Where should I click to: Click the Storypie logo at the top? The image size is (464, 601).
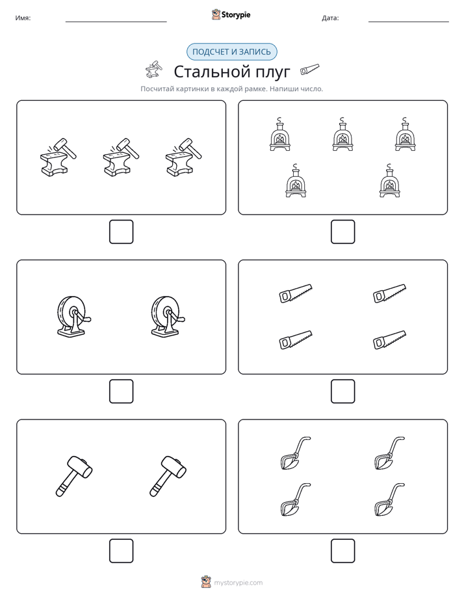pos(231,14)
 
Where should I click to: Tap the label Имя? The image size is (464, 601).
pos(23,18)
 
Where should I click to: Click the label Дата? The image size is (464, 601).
pos(330,18)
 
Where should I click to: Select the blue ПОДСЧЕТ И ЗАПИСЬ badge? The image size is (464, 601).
pos(231,52)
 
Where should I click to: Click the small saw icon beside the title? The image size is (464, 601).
pos(310,70)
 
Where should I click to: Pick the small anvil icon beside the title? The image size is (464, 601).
pos(154,69)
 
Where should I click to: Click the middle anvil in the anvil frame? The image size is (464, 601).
pos(121,157)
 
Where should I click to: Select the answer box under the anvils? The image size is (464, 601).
pos(122,232)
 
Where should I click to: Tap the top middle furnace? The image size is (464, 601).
pos(342,134)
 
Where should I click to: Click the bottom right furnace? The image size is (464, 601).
pos(390,181)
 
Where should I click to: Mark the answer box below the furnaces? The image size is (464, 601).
pos(342,232)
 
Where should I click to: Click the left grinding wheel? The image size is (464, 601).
pos(74,317)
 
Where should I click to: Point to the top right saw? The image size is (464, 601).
pos(389,293)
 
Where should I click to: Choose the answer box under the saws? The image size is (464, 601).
pos(342,392)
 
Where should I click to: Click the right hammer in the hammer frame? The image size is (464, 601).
pos(168,476)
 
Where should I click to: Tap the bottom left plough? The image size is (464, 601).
pos(295,500)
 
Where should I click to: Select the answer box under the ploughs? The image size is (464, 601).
pos(342,551)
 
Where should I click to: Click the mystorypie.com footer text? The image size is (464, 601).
pos(238,583)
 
